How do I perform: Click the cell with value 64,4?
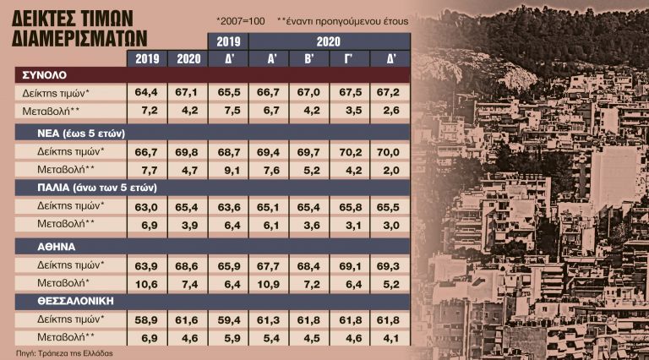(x=146, y=91)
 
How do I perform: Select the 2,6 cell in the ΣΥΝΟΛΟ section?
(x=390, y=112)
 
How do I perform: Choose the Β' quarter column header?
(x=308, y=59)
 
